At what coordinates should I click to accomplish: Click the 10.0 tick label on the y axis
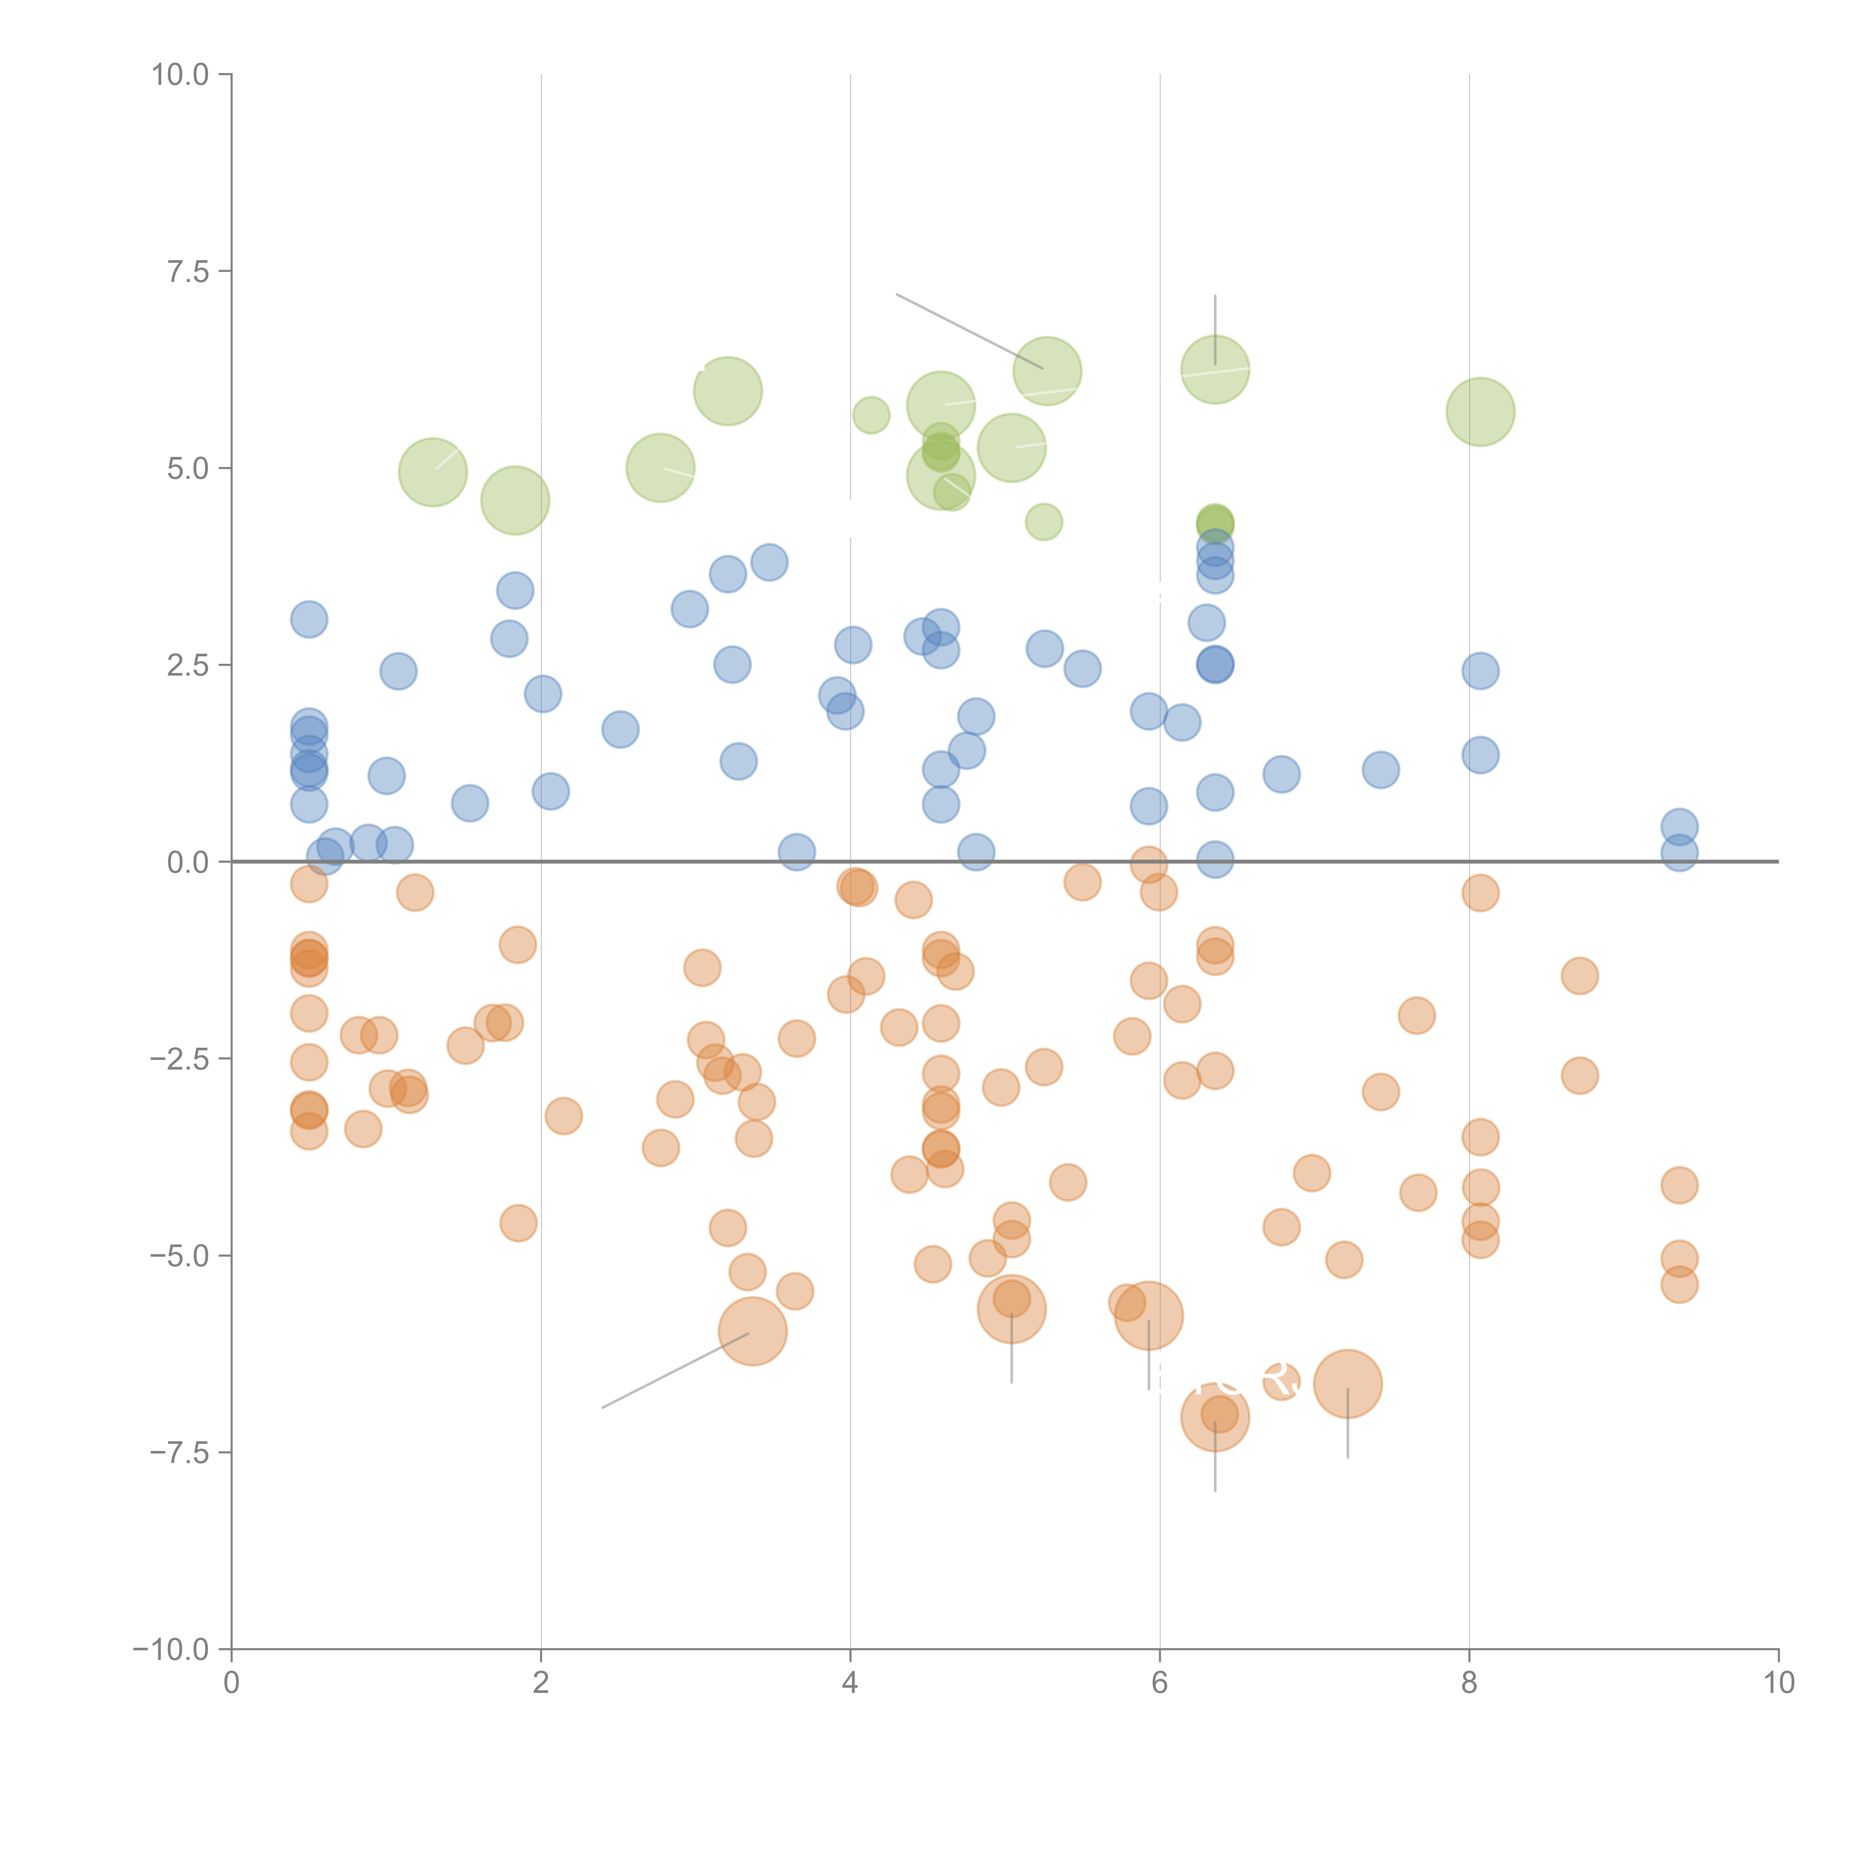pos(180,75)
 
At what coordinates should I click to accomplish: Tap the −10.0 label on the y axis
pos(171,1650)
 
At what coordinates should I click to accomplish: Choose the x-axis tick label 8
pos(1469,1683)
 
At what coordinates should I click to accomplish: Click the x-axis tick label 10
pos(1778,1683)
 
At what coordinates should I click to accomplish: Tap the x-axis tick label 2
pos(541,1683)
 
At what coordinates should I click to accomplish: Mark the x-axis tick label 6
pos(1160,1683)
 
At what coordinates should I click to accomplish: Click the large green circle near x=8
pos(1480,411)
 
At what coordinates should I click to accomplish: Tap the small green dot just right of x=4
pos(871,414)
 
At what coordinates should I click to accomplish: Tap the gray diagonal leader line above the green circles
pos(969,331)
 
